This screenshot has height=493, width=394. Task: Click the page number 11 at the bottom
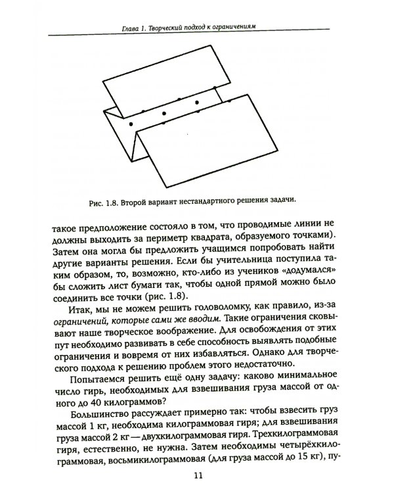coord(197,477)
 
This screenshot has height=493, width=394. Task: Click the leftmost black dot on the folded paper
coord(131,124)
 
